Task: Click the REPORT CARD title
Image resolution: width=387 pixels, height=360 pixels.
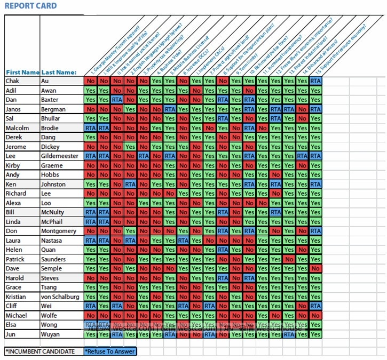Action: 30,6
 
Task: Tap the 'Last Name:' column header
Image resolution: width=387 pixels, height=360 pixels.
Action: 59,72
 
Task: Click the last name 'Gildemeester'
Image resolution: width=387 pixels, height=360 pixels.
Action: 60,156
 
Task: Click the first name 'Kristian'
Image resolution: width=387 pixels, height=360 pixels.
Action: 19,297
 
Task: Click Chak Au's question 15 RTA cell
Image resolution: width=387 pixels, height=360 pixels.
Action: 315,81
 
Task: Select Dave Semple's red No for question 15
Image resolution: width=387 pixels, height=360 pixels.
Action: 315,268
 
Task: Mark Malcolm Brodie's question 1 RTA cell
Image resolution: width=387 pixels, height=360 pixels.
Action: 90,128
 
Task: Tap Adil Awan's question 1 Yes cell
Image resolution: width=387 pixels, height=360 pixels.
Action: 90,91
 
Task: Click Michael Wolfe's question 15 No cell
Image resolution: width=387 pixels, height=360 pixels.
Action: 315,315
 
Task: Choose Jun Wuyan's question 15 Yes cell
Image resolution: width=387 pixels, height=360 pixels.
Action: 315,334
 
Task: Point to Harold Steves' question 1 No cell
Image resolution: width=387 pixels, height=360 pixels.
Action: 90,278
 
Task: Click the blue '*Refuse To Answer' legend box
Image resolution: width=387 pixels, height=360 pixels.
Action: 110,351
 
